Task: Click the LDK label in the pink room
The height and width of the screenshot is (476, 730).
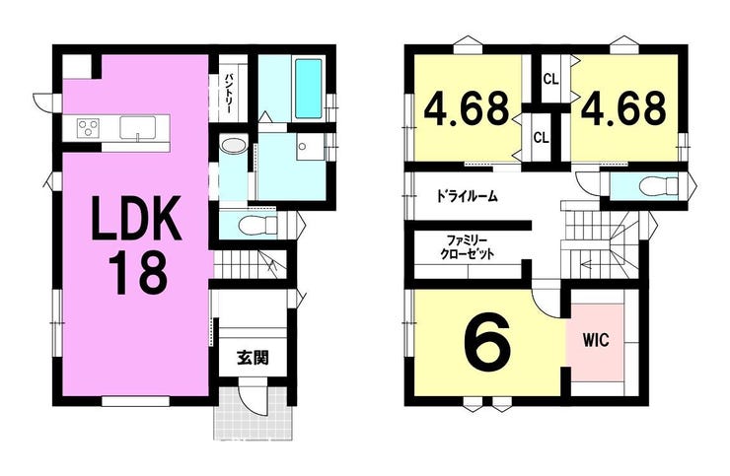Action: coord(136,218)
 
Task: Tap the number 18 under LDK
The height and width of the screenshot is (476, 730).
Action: coord(137,273)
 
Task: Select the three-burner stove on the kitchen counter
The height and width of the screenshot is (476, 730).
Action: coord(89,127)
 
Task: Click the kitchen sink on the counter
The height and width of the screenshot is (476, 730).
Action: coord(138,127)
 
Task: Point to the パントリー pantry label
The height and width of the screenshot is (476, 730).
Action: coord(229,94)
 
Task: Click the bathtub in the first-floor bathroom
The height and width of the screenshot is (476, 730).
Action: coord(308,89)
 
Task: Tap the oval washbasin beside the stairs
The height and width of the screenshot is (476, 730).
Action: coord(234,146)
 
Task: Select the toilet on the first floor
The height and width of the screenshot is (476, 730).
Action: coord(257,226)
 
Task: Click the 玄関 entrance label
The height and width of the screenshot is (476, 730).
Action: coord(253,358)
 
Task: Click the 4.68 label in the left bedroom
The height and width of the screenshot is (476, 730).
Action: coord(466,109)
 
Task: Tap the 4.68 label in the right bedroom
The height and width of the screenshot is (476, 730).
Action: coord(622,109)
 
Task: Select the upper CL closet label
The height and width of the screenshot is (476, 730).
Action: coord(550,80)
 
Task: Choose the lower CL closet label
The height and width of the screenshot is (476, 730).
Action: coord(541,137)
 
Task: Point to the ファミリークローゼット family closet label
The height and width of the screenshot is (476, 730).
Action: coord(467,247)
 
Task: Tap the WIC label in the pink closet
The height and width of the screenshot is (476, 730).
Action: coord(597,340)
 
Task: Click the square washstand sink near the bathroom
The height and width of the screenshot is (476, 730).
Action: coord(310,147)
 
